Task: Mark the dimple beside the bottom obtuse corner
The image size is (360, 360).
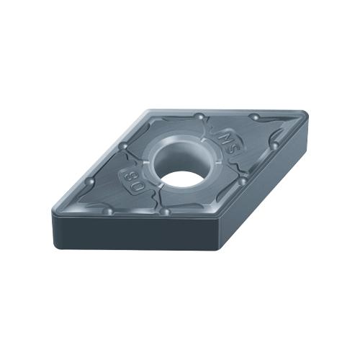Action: [x=166, y=212]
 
